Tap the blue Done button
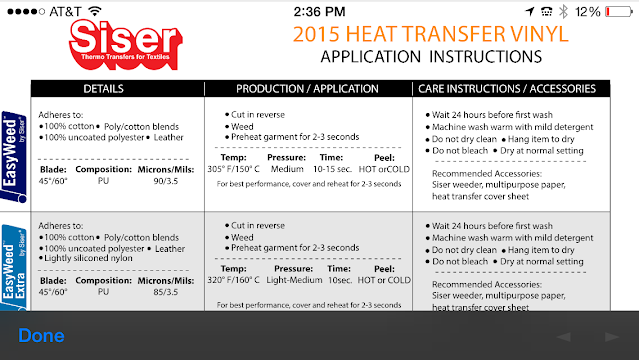tap(41, 336)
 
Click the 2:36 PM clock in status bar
tap(319, 11)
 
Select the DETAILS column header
tap(118, 88)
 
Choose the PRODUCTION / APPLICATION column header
tap(309, 88)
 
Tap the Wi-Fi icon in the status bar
tap(97, 11)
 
